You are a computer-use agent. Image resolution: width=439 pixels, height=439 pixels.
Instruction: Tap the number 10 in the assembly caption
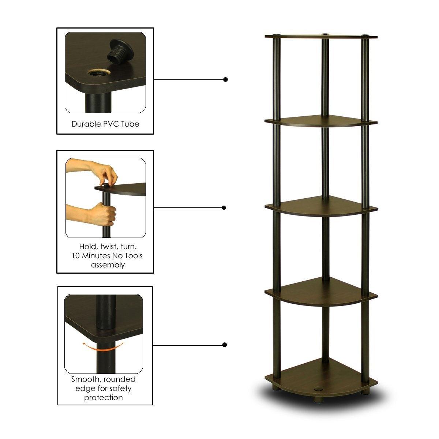click(x=75, y=255)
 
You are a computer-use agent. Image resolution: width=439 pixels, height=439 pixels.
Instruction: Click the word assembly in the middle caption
click(x=108, y=264)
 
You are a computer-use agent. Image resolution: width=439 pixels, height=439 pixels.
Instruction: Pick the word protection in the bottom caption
click(x=104, y=397)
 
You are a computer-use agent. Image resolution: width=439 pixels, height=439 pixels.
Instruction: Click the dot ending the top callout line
click(x=225, y=79)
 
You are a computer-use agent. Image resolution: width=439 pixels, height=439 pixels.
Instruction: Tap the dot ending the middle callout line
click(x=224, y=208)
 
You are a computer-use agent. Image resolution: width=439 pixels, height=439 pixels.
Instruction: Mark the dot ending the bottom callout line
click(x=225, y=345)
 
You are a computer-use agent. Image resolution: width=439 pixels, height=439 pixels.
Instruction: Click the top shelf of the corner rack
click(x=321, y=37)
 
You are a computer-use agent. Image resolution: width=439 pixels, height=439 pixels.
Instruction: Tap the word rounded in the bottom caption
click(x=120, y=379)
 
